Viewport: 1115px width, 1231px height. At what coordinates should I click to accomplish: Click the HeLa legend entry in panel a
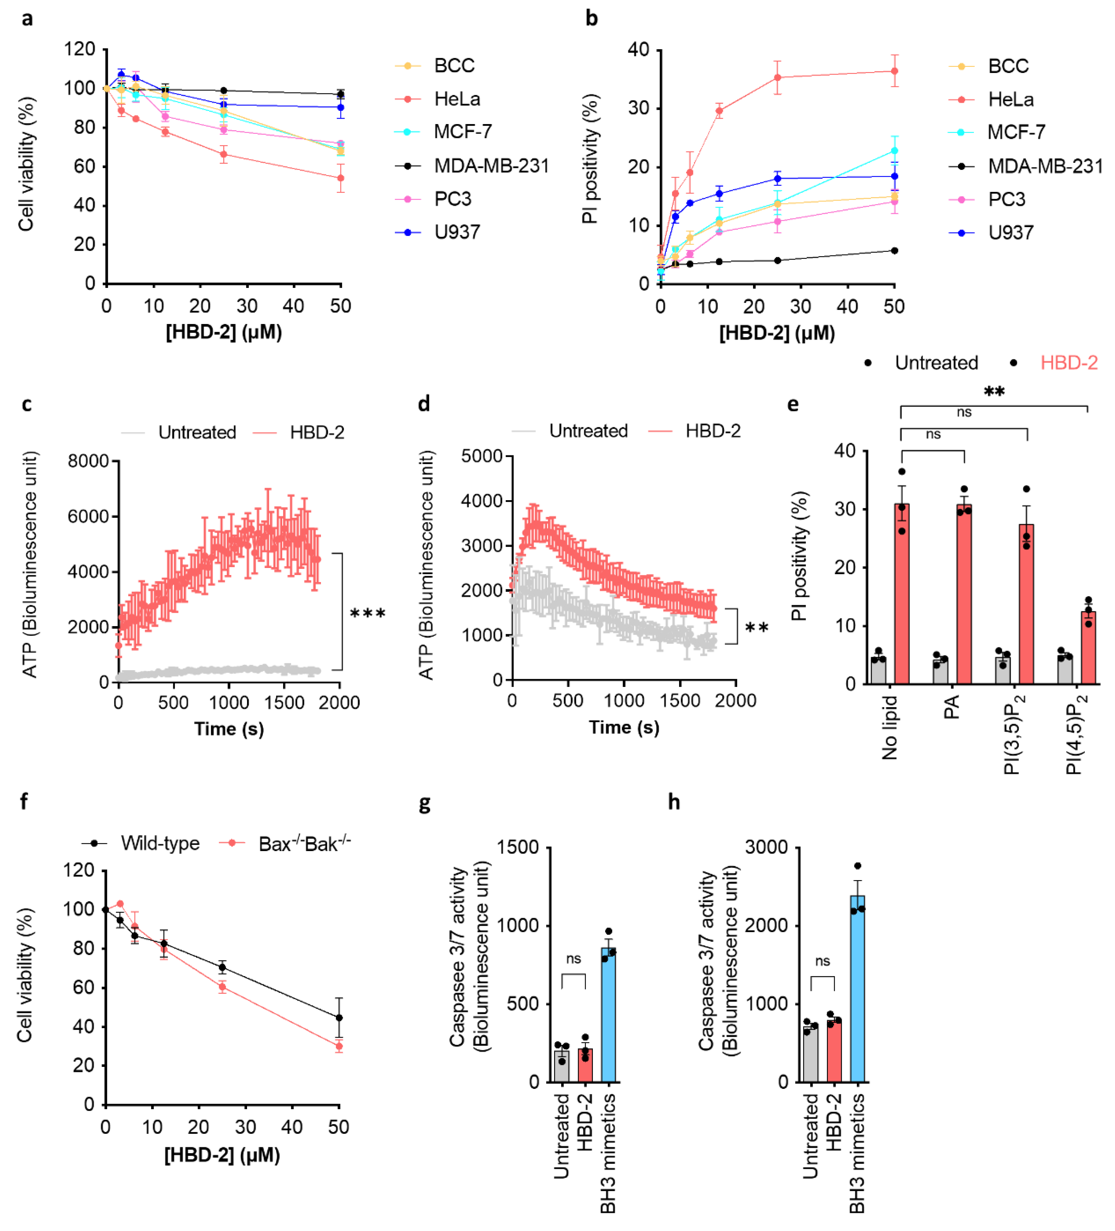point(457,99)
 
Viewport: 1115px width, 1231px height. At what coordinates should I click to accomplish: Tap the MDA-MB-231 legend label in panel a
point(491,165)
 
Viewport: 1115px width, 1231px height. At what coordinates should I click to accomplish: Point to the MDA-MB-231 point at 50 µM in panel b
point(894,250)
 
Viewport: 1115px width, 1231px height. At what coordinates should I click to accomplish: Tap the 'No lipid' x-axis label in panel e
point(890,728)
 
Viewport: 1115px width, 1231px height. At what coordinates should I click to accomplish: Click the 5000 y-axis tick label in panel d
point(481,456)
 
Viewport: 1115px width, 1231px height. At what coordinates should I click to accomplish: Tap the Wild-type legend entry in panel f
point(160,843)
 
